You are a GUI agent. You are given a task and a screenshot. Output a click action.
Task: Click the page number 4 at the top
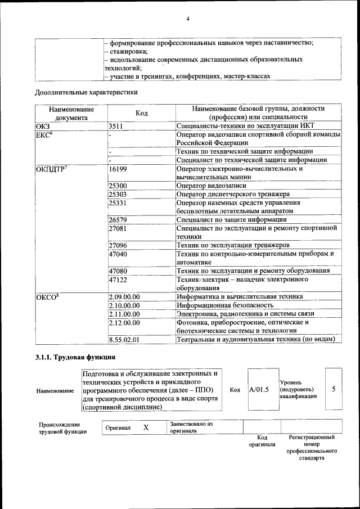point(188,19)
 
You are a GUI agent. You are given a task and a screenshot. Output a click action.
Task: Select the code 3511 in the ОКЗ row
point(116,127)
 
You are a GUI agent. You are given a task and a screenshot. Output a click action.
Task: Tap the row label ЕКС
point(44,136)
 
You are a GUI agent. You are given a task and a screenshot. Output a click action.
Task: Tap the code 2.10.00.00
point(124,305)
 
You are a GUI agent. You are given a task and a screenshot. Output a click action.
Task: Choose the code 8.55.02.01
point(124,339)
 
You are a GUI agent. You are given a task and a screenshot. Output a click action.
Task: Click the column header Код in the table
point(141,114)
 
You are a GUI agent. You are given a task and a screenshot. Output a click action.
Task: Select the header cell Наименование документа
point(71,114)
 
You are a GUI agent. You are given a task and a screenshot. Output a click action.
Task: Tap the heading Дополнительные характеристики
point(86,91)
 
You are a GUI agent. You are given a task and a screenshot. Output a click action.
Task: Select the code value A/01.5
point(259,389)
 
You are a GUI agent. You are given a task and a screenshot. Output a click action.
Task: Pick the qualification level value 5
point(334,389)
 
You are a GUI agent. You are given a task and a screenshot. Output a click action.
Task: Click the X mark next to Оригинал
point(146,428)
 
